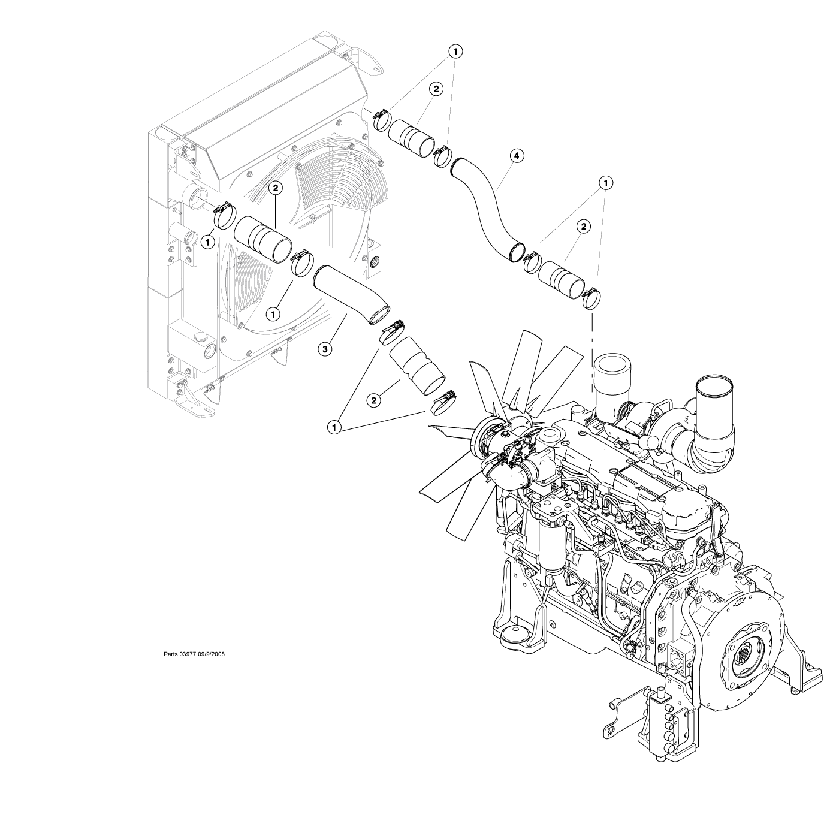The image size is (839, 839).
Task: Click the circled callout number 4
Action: pos(517,156)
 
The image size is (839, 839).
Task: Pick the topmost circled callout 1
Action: pos(456,52)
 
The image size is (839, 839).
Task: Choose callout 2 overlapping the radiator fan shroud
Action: pos(275,188)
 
